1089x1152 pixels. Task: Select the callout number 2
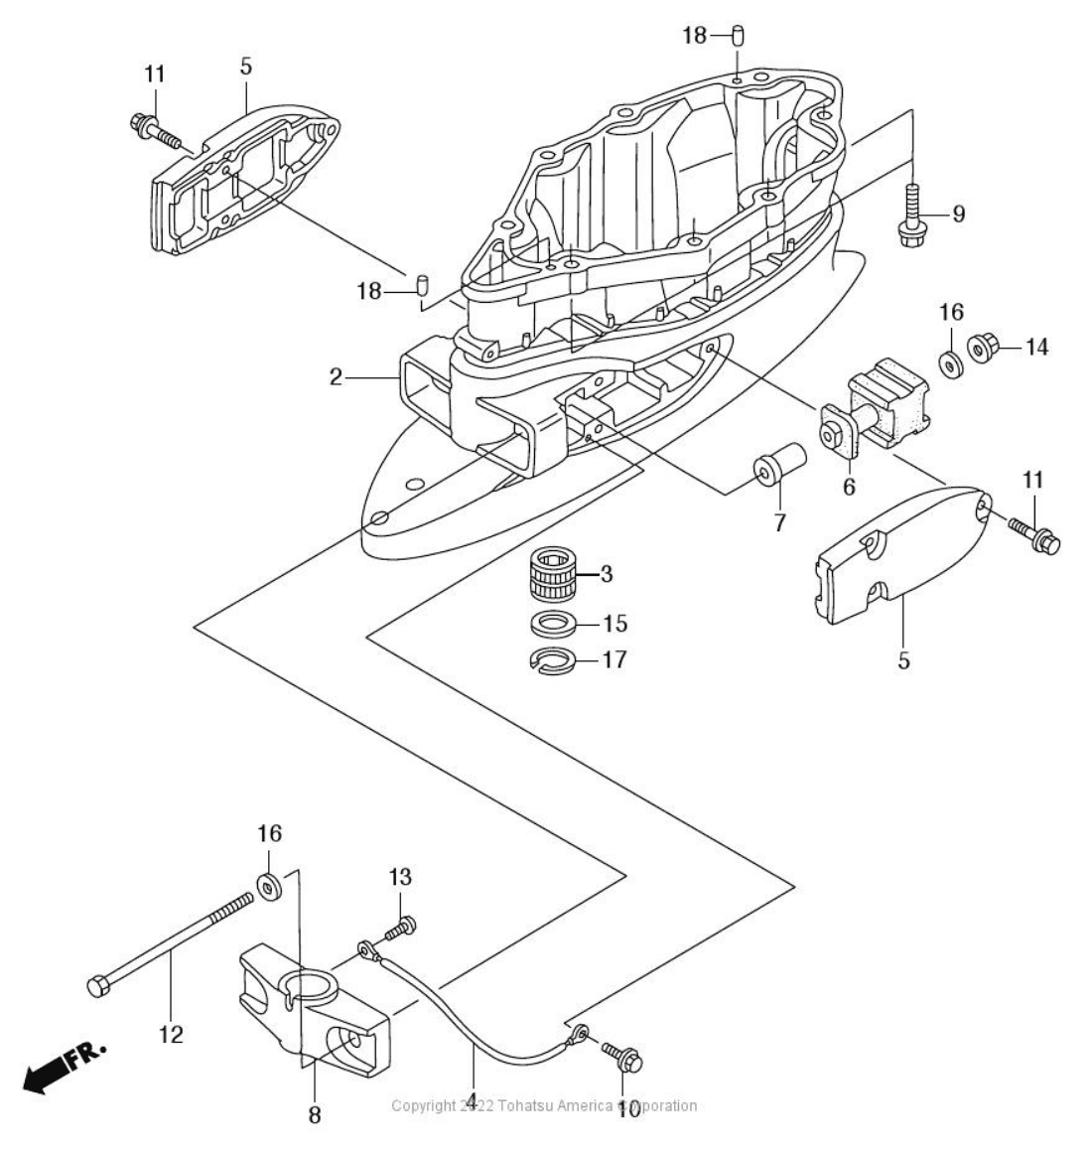click(336, 377)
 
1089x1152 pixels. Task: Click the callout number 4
click(473, 1100)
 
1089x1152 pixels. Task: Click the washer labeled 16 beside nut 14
click(950, 364)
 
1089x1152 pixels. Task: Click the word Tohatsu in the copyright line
click(534, 1105)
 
